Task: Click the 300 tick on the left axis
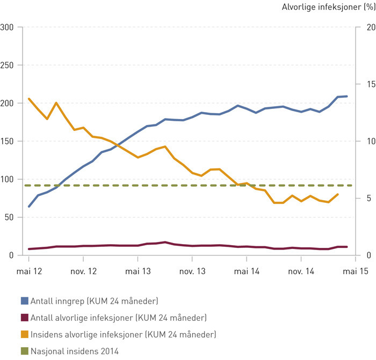(x=8, y=27)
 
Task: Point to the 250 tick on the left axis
(x=8, y=65)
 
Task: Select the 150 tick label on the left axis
(x=8, y=142)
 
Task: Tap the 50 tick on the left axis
(x=10, y=217)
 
